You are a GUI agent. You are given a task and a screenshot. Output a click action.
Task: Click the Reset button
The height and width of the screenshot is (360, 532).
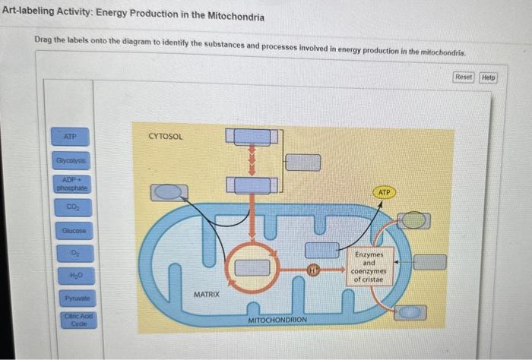click(x=464, y=77)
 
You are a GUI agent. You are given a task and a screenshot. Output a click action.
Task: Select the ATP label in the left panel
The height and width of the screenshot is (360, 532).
click(x=70, y=137)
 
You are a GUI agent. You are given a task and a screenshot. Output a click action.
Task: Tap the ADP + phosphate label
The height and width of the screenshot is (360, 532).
click(x=71, y=183)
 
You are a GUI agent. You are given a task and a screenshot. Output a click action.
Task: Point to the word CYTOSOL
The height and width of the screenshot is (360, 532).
click(x=166, y=137)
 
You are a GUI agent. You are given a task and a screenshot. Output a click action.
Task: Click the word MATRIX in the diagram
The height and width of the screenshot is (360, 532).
click(x=206, y=292)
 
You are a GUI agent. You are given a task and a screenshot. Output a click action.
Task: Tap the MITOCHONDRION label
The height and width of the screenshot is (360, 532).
click(x=277, y=320)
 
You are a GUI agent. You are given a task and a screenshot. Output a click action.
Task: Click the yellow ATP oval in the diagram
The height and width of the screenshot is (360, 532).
click(x=384, y=193)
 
